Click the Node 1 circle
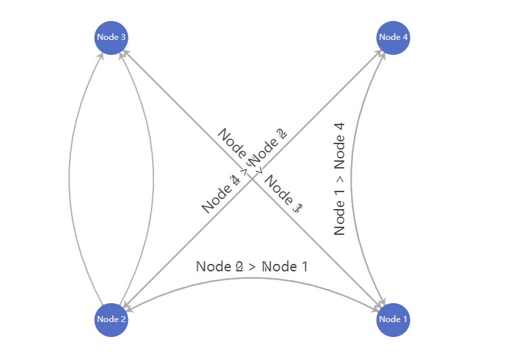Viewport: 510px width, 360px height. point(393,319)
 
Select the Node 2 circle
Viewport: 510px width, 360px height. point(111,319)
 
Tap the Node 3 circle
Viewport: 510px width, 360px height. point(111,37)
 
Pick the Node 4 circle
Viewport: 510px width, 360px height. point(393,37)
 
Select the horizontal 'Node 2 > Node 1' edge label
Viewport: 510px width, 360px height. point(252,267)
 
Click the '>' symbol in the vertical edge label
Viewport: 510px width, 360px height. point(340,179)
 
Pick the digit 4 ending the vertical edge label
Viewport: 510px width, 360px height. point(340,127)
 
